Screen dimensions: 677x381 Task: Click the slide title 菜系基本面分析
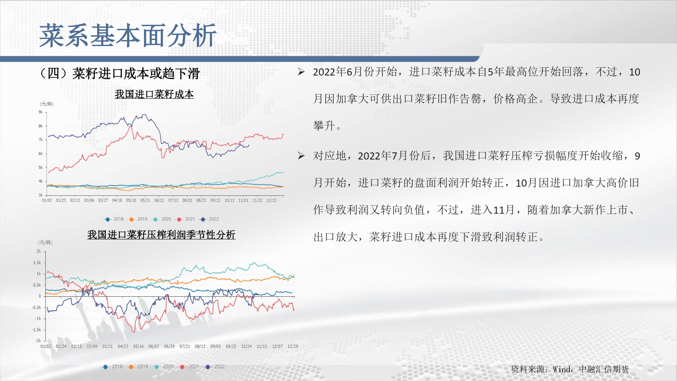pyautogui.click(x=128, y=36)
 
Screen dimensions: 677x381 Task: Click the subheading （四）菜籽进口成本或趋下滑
pyautogui.click(x=119, y=73)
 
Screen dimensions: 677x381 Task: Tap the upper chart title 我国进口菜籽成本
pyautogui.click(x=154, y=94)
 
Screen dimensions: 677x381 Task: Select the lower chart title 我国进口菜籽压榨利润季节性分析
pyautogui.click(x=161, y=235)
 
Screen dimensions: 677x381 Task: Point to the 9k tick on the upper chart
pyautogui.click(x=41, y=112)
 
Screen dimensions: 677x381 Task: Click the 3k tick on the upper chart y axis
pyautogui.click(x=41, y=195)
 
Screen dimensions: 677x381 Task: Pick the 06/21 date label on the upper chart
pyautogui.click(x=159, y=200)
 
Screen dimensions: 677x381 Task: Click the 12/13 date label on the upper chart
pyautogui.click(x=271, y=200)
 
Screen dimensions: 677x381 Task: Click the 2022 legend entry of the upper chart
pyautogui.click(x=210, y=219)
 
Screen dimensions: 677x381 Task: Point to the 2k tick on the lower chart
pyautogui.click(x=39, y=251)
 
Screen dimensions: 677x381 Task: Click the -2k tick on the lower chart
pyautogui.click(x=38, y=341)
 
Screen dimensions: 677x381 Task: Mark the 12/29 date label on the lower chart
pyautogui.click(x=293, y=346)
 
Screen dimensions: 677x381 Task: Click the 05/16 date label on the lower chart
pyautogui.click(x=138, y=346)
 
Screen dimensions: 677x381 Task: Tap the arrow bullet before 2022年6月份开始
pyautogui.click(x=301, y=72)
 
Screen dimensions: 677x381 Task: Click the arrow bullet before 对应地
pyautogui.click(x=301, y=156)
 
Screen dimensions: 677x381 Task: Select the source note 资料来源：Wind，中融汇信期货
pyautogui.click(x=570, y=369)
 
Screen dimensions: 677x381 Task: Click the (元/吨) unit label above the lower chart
pyautogui.click(x=45, y=242)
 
